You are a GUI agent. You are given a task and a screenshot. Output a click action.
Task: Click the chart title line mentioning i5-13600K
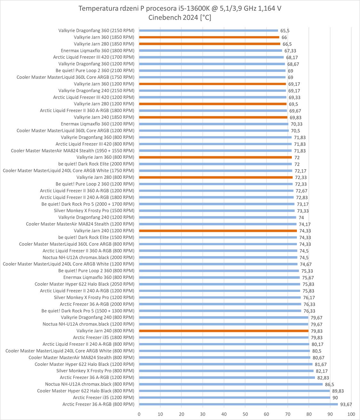[x=180, y=9]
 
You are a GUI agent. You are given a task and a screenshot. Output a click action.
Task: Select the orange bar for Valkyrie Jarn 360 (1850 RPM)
[x=209, y=37]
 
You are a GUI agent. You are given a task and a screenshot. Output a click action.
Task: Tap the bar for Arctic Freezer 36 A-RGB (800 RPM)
[x=238, y=404]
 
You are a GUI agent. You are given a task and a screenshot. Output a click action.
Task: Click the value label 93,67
[x=346, y=404]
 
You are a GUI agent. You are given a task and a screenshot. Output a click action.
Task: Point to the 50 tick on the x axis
[x=245, y=414]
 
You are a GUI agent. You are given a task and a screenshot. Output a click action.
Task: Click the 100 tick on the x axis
[x=351, y=414]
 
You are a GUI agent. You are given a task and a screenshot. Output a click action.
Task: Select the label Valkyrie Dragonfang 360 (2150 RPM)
[x=96, y=31]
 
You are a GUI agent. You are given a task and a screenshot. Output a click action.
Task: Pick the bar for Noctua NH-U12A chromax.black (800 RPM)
[x=231, y=384]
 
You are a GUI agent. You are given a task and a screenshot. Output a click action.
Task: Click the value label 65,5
[x=285, y=31]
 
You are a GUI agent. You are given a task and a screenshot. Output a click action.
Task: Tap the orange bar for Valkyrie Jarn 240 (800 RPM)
[x=223, y=331]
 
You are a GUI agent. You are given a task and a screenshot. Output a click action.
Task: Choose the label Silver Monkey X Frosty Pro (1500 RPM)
[x=94, y=211]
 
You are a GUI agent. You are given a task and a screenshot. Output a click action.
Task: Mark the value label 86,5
[x=330, y=384]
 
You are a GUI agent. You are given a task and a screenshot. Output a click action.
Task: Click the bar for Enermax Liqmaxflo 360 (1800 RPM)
[x=210, y=51]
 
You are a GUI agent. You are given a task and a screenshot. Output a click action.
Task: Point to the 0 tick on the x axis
[x=139, y=414]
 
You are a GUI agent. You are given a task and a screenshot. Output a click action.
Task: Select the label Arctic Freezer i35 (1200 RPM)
[x=104, y=398]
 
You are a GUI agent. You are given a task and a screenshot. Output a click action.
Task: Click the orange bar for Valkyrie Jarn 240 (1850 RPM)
[x=213, y=117]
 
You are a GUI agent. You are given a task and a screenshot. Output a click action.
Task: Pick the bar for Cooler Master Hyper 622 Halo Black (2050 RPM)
[x=219, y=284]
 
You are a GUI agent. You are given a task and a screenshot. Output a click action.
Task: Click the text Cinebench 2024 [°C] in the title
[x=180, y=18]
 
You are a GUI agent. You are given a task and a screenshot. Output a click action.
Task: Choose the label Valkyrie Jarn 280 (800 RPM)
[x=105, y=177]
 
